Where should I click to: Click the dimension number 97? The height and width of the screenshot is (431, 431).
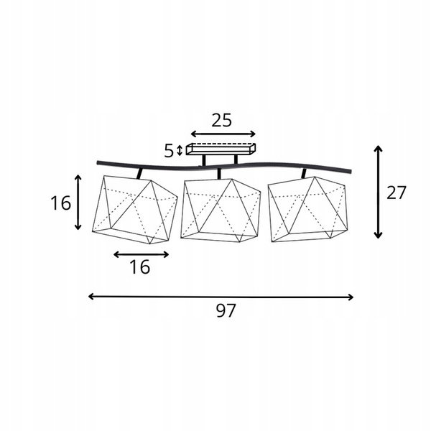[x=226, y=310]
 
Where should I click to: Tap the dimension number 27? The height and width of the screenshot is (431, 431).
[x=396, y=193]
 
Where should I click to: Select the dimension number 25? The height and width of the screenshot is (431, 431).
[x=221, y=120]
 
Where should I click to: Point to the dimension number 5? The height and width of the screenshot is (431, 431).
[x=169, y=151]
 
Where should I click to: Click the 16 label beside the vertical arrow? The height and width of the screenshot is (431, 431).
[x=60, y=203]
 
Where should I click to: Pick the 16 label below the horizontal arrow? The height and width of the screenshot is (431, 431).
[x=139, y=267]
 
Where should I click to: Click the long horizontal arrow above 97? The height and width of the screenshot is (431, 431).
[x=221, y=297]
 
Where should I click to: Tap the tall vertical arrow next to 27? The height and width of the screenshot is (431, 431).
[x=379, y=192]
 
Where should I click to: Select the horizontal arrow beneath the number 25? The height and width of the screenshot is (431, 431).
[x=223, y=134]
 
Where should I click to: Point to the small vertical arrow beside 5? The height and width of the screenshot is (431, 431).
[x=180, y=150]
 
